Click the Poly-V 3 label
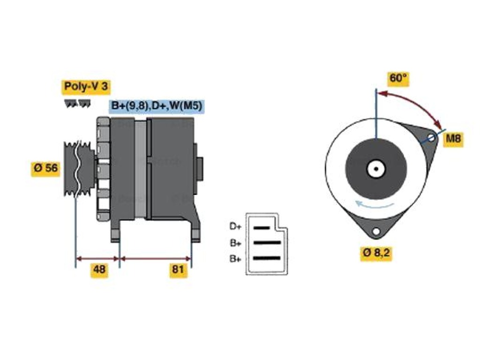(x=86, y=87)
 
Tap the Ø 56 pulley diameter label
(x=45, y=168)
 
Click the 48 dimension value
(x=99, y=270)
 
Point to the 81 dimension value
(x=178, y=270)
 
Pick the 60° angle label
(x=397, y=78)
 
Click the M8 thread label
(x=453, y=138)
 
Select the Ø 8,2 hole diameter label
(x=376, y=253)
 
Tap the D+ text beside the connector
(x=235, y=227)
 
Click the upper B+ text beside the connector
(x=235, y=243)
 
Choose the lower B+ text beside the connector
(x=235, y=259)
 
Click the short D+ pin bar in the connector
(x=262, y=228)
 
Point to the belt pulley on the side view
(x=77, y=168)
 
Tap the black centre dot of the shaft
(x=376, y=169)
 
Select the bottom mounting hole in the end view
(x=376, y=232)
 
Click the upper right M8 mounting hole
(x=431, y=137)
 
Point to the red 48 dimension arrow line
(x=97, y=259)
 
